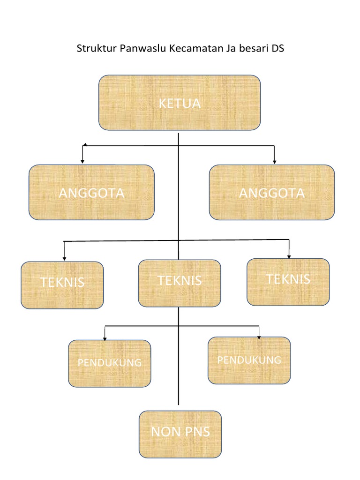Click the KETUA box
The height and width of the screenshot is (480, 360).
[179, 103]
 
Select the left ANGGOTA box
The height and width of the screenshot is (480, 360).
[91, 192]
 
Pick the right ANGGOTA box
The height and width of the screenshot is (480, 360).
[272, 192]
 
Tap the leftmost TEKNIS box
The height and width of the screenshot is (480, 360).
[62, 285]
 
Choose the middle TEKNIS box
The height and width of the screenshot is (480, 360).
[180, 283]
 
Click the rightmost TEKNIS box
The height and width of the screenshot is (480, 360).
[288, 282]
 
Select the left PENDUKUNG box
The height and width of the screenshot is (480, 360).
[110, 363]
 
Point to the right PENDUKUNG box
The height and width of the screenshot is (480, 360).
[249, 360]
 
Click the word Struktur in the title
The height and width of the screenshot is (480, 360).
[96, 49]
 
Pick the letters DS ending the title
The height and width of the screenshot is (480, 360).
[278, 49]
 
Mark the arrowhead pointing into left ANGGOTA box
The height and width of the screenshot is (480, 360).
[82, 161]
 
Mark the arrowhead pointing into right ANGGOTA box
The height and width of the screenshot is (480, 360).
[275, 162]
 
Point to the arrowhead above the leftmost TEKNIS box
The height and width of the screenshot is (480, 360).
[64, 258]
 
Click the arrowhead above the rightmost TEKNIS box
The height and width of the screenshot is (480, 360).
[289, 256]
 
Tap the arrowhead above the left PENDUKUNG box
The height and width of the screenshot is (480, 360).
[105, 338]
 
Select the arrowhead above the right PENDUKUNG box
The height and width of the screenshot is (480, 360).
[259, 337]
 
